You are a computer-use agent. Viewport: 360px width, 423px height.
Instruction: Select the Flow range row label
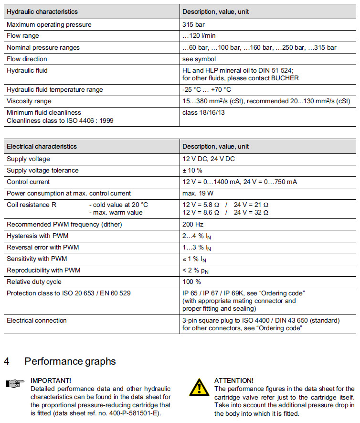pyautogui.click(x=23, y=36)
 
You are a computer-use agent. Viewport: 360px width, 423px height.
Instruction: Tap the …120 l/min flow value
pyautogui.click(x=200, y=36)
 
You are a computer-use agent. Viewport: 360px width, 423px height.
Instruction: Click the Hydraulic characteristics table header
pyautogui.click(x=42, y=11)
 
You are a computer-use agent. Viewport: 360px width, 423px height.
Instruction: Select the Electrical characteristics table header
pyautogui.click(x=42, y=146)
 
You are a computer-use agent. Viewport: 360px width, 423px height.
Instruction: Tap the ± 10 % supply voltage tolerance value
pyautogui.click(x=193, y=170)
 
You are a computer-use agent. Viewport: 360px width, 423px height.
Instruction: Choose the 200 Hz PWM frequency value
pyautogui.click(x=192, y=224)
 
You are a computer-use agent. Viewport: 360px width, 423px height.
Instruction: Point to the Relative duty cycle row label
pyautogui.click(x=34, y=282)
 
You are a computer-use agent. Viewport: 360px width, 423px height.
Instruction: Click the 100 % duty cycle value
pyautogui.click(x=191, y=282)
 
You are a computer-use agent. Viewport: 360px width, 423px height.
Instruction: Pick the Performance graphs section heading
pyautogui.click(x=70, y=361)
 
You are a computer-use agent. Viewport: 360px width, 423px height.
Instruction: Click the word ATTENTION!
pyautogui.click(x=234, y=380)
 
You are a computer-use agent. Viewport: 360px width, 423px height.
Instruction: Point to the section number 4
pyautogui.click(x=7, y=361)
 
